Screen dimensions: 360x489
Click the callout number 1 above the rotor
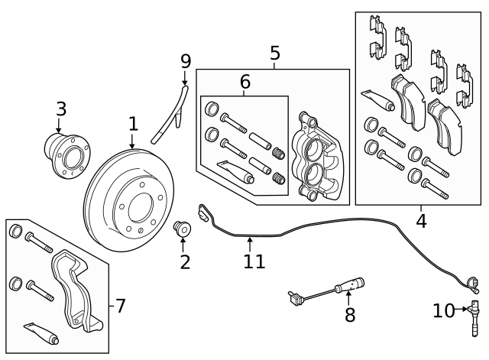[133, 123]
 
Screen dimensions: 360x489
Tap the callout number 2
[184, 262]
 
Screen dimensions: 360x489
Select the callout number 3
[61, 109]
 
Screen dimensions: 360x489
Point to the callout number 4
[421, 222]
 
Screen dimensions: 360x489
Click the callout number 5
[275, 54]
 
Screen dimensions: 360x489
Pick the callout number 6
[244, 81]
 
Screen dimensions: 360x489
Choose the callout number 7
[120, 306]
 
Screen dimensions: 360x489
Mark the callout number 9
[185, 60]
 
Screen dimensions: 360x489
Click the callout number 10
[443, 310]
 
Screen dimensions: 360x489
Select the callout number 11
[254, 261]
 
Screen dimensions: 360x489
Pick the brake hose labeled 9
[170, 115]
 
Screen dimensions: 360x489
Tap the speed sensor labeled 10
[474, 317]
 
